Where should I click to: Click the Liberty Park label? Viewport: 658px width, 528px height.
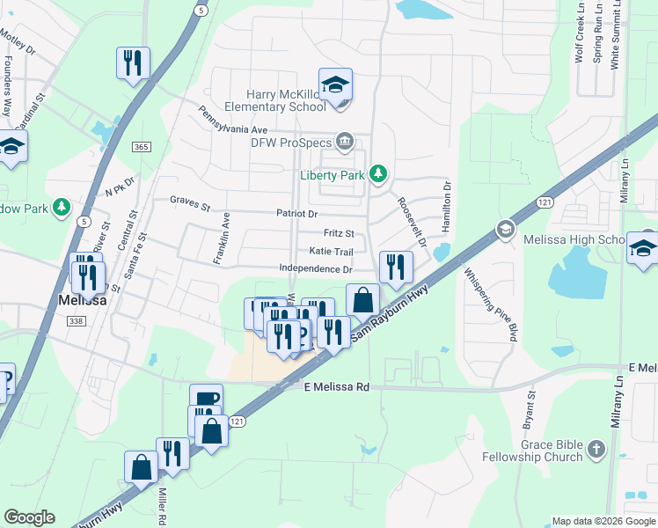tap(333, 175)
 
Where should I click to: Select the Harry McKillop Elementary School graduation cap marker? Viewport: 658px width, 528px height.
tap(335, 86)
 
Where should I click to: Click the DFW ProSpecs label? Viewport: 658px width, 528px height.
tap(290, 143)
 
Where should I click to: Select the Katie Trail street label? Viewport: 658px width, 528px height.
tap(331, 252)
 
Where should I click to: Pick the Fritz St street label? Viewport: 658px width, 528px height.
tap(339, 234)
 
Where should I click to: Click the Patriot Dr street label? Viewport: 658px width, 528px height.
tap(296, 214)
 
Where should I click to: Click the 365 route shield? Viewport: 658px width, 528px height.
tap(142, 146)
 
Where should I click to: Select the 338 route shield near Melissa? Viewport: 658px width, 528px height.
tap(77, 322)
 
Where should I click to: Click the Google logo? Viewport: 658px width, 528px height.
tap(29, 517)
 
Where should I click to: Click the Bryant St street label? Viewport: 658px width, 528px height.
tap(530, 410)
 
